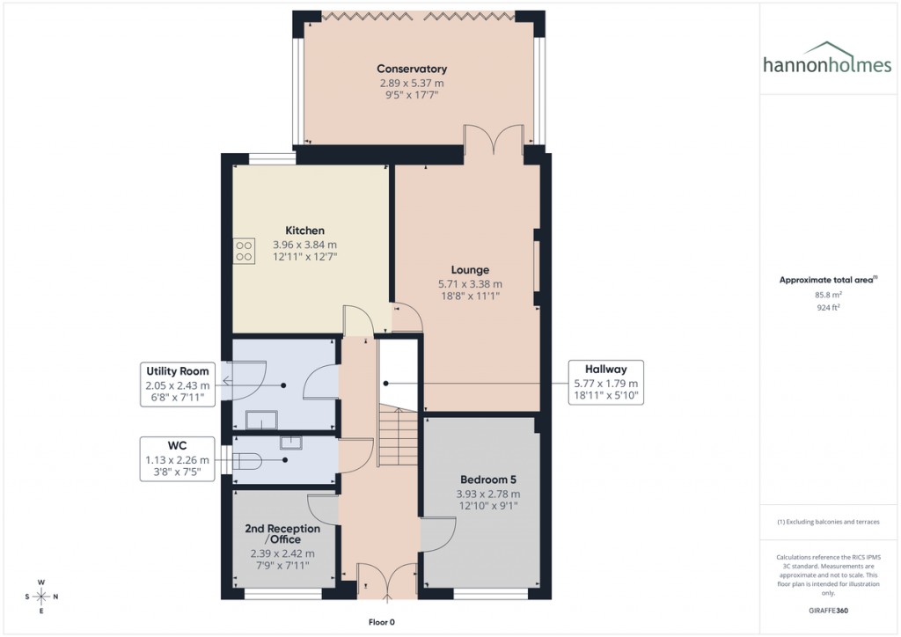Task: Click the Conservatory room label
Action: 412,69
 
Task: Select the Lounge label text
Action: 470,270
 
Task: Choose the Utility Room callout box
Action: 178,384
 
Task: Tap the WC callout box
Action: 178,458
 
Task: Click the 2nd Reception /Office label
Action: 282,534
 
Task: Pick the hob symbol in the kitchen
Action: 244,252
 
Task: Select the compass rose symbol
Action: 41,597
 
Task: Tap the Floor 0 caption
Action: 382,622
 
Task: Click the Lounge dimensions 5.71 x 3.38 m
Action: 470,284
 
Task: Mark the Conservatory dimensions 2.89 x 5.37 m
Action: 412,83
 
